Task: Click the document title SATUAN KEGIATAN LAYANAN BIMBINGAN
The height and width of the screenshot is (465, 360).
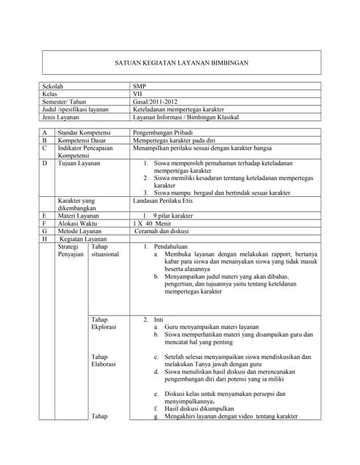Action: (183, 64)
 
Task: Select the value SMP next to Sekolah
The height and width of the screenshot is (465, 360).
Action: (140, 86)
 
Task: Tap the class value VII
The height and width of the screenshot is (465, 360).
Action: (138, 94)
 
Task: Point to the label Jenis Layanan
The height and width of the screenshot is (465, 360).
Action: (65, 118)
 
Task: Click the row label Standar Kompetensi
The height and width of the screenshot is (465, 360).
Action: (89, 132)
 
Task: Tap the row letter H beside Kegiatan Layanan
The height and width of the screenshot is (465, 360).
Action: (45, 239)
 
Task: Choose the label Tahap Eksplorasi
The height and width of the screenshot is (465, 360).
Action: (103, 323)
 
